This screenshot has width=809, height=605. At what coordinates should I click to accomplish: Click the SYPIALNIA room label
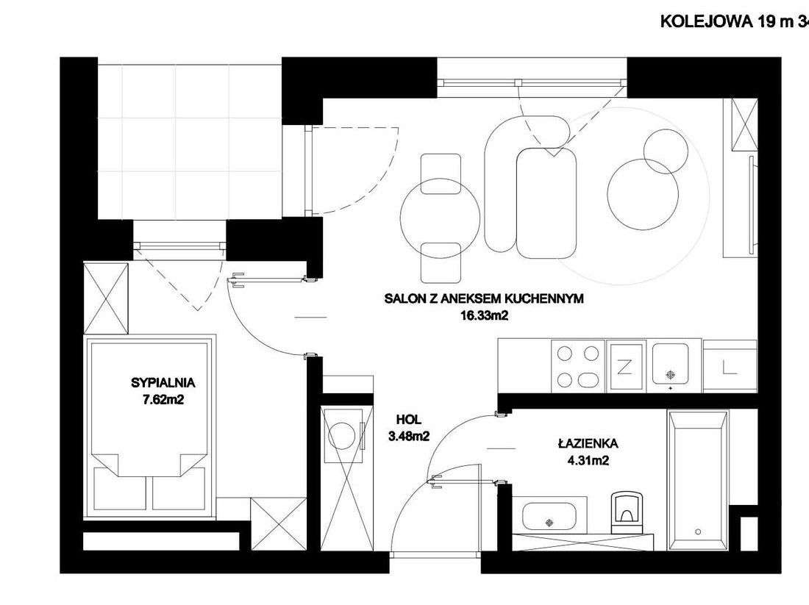pos(162,382)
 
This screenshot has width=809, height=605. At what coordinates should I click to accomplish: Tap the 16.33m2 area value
pos(483,316)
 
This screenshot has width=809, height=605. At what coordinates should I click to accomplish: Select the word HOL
pos(408,420)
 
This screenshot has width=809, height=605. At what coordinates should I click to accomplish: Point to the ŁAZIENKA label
pos(587,444)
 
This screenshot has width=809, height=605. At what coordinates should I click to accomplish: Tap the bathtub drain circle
pos(696,531)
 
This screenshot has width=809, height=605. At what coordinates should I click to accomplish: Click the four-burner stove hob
pos(578,365)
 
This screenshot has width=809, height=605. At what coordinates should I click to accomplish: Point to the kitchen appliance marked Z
pos(627,365)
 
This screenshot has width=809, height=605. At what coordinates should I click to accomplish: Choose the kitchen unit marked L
pos(729,365)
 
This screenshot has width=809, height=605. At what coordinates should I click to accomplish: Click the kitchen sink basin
pos(671,365)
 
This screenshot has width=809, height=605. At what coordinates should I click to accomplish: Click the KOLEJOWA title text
pos(728,21)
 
